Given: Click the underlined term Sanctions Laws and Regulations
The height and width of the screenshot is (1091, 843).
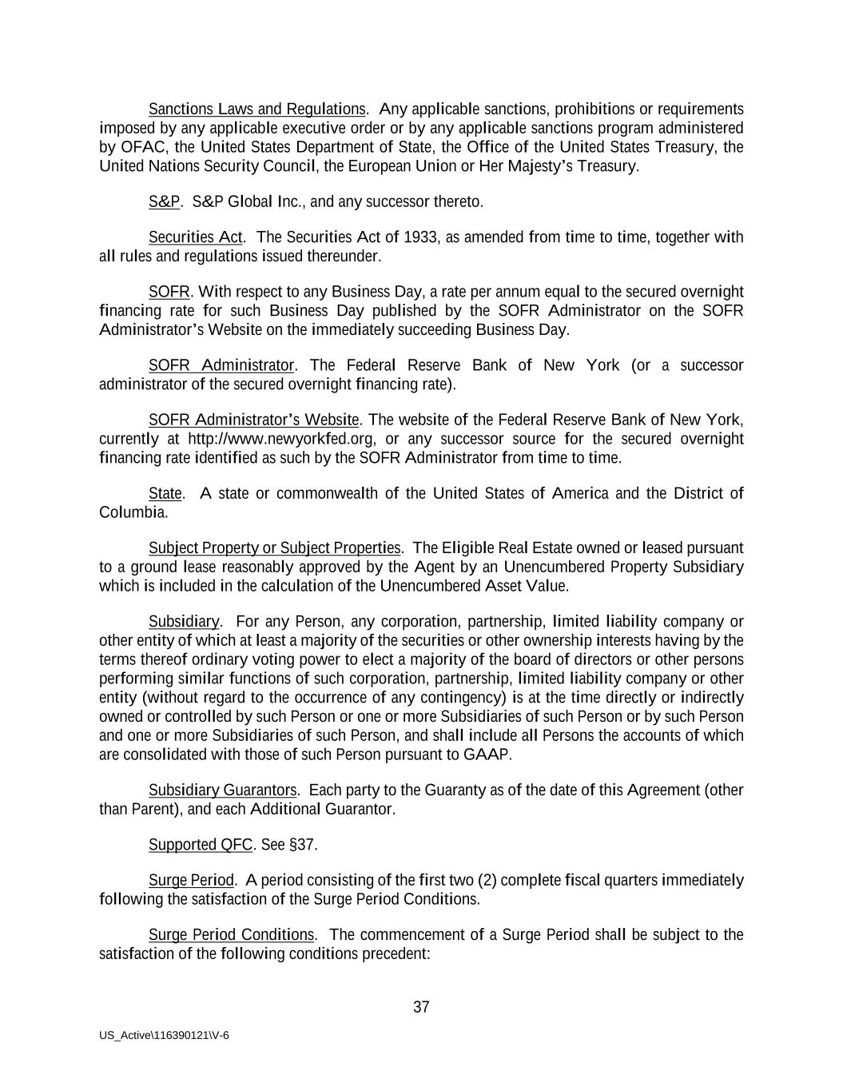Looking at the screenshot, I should (256, 109).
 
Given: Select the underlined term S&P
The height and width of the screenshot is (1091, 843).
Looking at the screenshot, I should (164, 201).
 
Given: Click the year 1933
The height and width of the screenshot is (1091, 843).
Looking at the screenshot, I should (420, 237).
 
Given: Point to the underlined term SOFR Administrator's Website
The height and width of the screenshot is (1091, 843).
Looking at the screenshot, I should (254, 420).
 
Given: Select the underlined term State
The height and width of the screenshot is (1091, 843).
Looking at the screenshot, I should (165, 493).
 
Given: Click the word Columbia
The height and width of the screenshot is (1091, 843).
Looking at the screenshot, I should (133, 512).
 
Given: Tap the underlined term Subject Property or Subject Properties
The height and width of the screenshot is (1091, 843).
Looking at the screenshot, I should (274, 547).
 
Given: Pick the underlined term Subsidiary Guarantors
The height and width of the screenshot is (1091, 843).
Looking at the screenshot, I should (223, 790).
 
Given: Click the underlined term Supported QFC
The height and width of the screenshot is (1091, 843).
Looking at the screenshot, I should (201, 845).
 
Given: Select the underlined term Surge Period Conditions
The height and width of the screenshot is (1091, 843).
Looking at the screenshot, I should (232, 935).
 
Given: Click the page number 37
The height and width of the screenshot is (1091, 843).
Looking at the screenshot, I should (421, 1007).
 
